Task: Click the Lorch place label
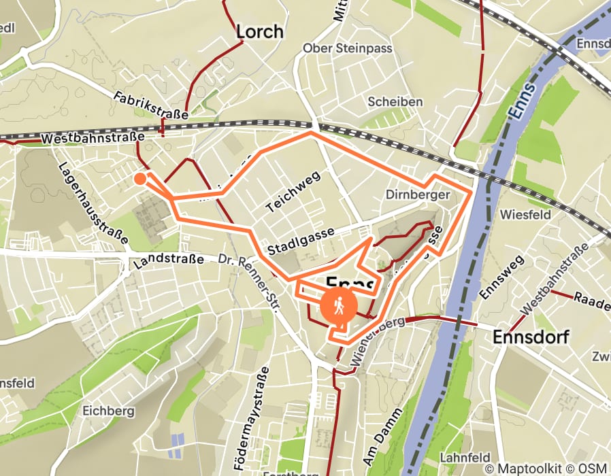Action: (259, 31)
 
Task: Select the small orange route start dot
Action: (139, 179)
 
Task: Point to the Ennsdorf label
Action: (531, 337)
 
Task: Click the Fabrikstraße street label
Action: (150, 105)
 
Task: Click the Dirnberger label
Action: (418, 195)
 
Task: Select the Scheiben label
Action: (395, 101)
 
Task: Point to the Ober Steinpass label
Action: (338, 48)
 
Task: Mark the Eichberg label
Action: (105, 410)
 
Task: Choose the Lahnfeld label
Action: (466, 457)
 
